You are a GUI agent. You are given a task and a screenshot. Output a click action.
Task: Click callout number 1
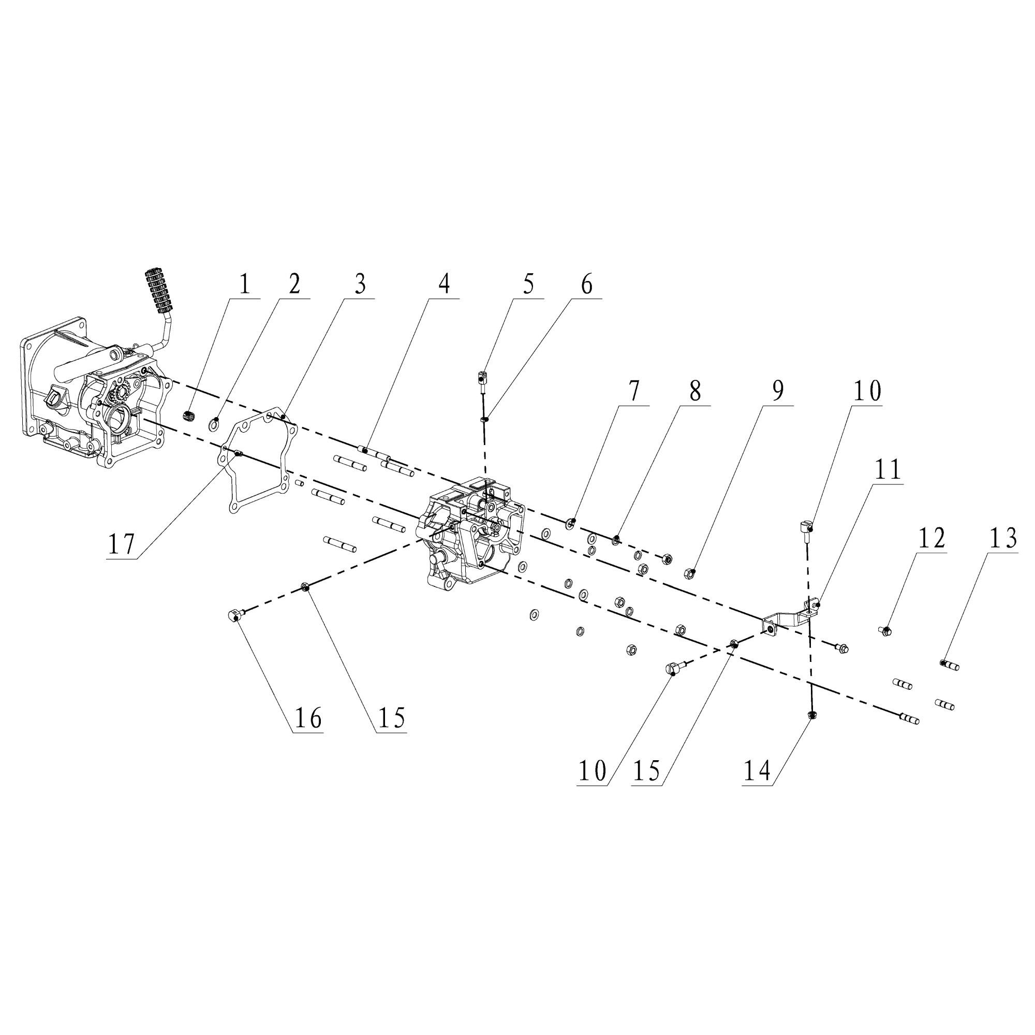point(244,285)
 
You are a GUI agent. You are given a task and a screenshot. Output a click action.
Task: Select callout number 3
point(361,285)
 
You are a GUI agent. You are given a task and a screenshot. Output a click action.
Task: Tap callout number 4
point(444,285)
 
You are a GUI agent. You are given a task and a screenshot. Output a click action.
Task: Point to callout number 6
point(587,285)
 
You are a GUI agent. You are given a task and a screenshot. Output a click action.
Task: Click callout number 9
point(778,391)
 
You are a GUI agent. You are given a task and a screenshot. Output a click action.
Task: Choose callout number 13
point(1003,538)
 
